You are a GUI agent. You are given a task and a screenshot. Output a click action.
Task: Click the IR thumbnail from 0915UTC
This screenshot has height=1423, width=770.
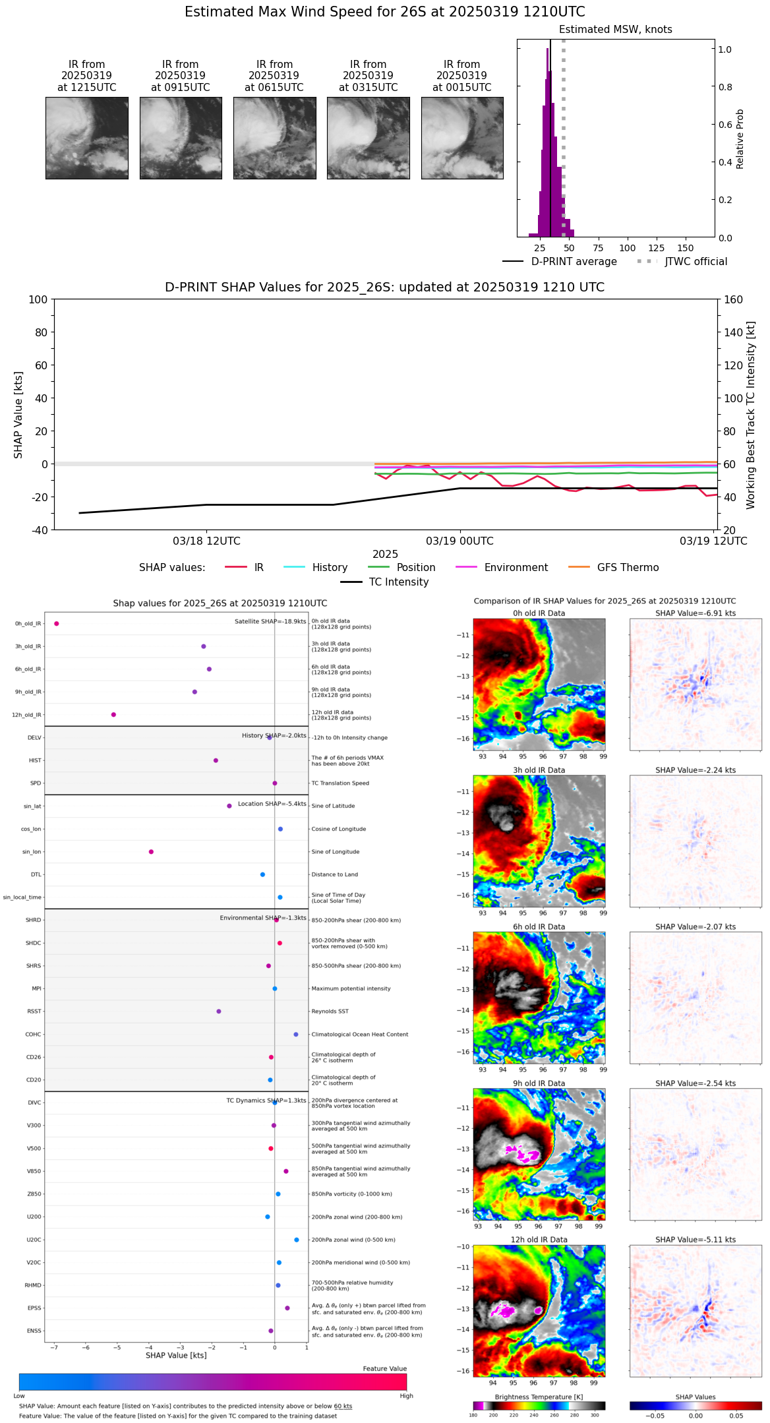181,138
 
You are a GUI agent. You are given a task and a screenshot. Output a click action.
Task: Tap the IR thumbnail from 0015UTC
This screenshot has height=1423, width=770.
462,138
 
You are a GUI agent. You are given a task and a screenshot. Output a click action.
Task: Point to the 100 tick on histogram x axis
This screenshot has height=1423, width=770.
627,248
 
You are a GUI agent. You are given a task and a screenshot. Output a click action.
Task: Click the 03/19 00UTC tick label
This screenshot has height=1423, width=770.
459,541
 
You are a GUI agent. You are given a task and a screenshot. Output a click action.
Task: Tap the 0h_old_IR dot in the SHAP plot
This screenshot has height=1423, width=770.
57,624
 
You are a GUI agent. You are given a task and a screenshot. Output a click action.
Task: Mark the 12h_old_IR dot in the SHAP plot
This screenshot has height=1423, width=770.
113,715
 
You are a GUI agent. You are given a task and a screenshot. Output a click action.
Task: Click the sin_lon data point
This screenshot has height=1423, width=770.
151,852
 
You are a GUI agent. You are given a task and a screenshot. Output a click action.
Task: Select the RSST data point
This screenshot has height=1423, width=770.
219,1012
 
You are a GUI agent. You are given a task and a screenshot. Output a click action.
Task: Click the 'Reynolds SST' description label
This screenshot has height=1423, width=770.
330,1012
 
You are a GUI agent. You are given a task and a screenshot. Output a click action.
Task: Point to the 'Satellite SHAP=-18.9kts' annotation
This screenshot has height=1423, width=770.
270,622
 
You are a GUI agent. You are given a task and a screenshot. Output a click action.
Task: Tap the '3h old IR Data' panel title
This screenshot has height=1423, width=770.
539,770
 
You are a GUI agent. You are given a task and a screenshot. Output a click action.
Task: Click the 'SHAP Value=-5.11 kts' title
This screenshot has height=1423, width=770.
696,1240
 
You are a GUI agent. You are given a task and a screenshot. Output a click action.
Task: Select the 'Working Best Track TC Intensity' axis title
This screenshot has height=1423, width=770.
751,415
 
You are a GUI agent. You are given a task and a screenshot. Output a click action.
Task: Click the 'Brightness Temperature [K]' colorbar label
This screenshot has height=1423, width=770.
539,1397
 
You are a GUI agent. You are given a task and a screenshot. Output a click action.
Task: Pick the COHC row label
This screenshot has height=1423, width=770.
33,1035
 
